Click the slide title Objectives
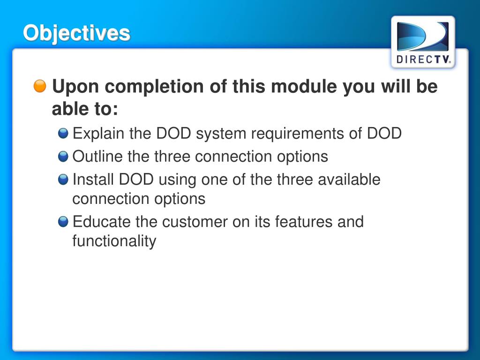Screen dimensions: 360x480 click(77, 33)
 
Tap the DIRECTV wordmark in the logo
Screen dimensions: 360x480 click(423, 60)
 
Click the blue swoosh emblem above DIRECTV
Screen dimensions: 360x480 click(423, 37)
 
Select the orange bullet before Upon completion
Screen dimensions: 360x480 click(40, 86)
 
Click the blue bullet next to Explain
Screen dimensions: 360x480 click(63, 134)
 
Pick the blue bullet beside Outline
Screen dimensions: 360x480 click(63, 157)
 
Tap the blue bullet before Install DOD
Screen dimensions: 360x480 click(63, 180)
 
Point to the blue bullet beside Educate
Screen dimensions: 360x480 click(63, 221)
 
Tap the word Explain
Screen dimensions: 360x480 click(98, 134)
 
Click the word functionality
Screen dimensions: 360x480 click(114, 241)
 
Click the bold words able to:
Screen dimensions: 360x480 click(85, 110)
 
